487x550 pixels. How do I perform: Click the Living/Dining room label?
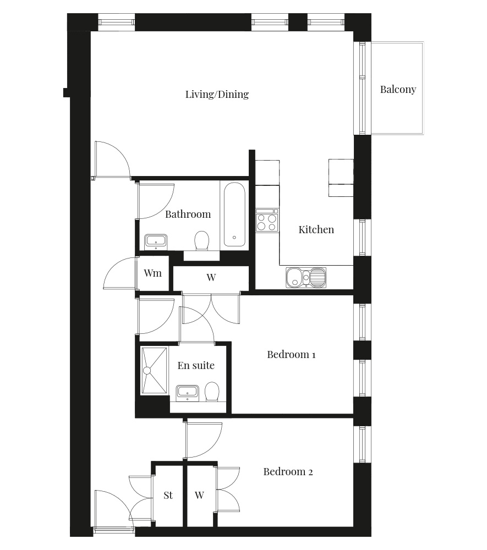217,95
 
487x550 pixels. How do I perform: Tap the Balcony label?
398,90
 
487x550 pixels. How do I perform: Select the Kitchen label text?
316,229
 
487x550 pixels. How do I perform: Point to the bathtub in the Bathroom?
234,215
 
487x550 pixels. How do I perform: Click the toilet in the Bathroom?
202,240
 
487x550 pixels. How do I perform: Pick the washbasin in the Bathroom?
156,241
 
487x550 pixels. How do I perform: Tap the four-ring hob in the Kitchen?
267,220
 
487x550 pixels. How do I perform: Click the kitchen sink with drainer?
306,278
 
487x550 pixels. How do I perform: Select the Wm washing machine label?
152,273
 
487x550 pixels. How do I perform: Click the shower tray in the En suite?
155,370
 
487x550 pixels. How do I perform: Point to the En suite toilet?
212,392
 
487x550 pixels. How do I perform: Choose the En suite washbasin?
187,393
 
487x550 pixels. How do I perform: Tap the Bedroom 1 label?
291,355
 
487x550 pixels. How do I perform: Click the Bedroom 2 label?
288,472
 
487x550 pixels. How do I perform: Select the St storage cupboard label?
168,496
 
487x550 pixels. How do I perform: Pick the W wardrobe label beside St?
199,496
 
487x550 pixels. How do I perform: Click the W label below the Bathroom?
211,277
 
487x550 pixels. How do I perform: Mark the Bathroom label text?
188,215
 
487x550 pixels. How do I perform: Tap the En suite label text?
196,366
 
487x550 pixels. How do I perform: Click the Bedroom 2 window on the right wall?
363,444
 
